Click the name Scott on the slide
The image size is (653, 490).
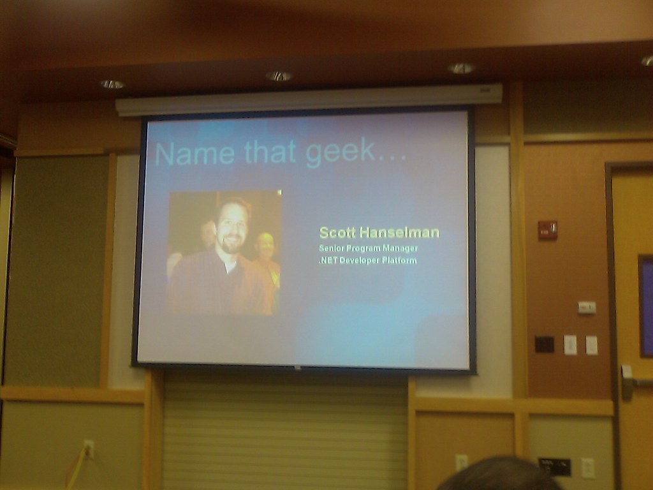(338, 232)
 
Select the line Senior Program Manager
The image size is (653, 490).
(368, 248)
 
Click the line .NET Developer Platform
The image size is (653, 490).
(368, 260)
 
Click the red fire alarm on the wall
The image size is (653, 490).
(547, 230)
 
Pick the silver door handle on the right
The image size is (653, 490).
(628, 380)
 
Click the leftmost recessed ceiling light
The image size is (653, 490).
(112, 84)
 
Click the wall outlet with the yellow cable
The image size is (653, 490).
(89, 449)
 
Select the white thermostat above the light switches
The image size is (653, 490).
(587, 308)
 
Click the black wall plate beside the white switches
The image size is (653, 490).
(544, 345)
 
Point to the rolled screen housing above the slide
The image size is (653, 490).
(309, 100)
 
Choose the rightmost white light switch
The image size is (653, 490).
(592, 345)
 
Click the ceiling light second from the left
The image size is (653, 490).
(279, 76)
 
